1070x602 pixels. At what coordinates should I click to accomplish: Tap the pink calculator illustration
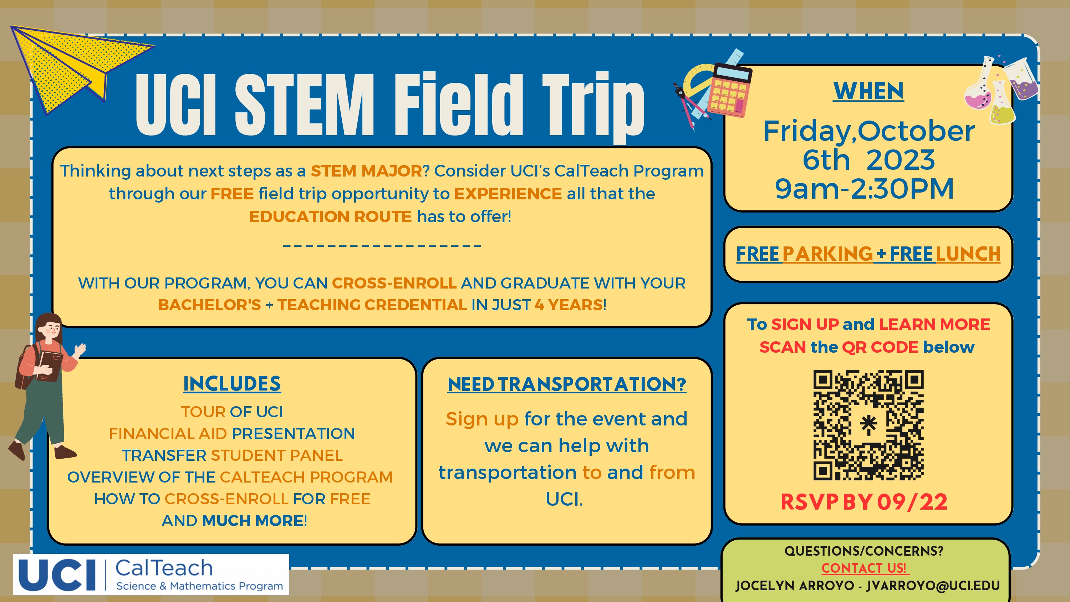730,90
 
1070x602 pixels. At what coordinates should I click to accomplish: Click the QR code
868,425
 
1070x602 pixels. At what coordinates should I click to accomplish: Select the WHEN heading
868,91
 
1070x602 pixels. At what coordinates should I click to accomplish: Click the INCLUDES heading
232,383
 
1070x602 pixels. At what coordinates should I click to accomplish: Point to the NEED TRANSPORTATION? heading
567,384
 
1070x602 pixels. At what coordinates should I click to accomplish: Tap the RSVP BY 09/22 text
864,502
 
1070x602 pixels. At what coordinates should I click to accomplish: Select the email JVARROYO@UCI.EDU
933,586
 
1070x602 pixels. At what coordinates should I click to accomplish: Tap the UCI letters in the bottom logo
57,575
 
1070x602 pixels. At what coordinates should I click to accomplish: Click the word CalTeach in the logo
164,568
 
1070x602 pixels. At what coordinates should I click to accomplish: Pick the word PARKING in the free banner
827,254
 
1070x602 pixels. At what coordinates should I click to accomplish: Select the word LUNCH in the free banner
968,254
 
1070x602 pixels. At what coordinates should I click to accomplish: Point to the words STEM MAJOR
366,171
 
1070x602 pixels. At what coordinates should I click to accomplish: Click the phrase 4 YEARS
569,305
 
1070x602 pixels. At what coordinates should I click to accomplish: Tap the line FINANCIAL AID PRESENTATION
232,434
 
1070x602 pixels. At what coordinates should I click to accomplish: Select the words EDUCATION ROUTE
330,216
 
